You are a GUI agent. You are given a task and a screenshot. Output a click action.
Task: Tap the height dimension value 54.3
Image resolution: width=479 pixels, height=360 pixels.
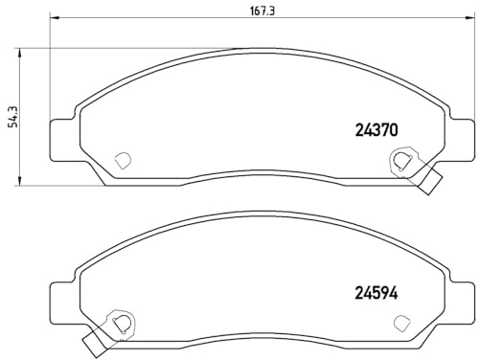(12, 115)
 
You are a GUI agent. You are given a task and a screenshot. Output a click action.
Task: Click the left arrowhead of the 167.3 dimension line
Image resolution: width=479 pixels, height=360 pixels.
(53, 19)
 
